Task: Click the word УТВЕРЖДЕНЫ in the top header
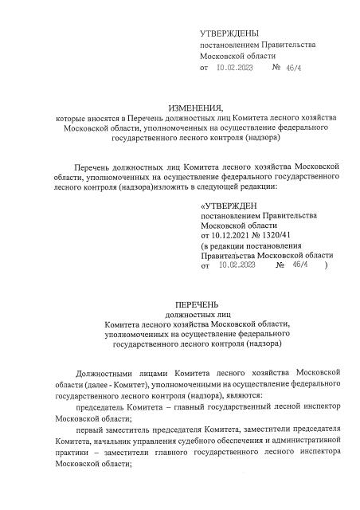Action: coord(229,33)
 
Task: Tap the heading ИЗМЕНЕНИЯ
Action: coord(196,107)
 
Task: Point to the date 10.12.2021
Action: coord(229,237)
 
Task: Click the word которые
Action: coord(68,117)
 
